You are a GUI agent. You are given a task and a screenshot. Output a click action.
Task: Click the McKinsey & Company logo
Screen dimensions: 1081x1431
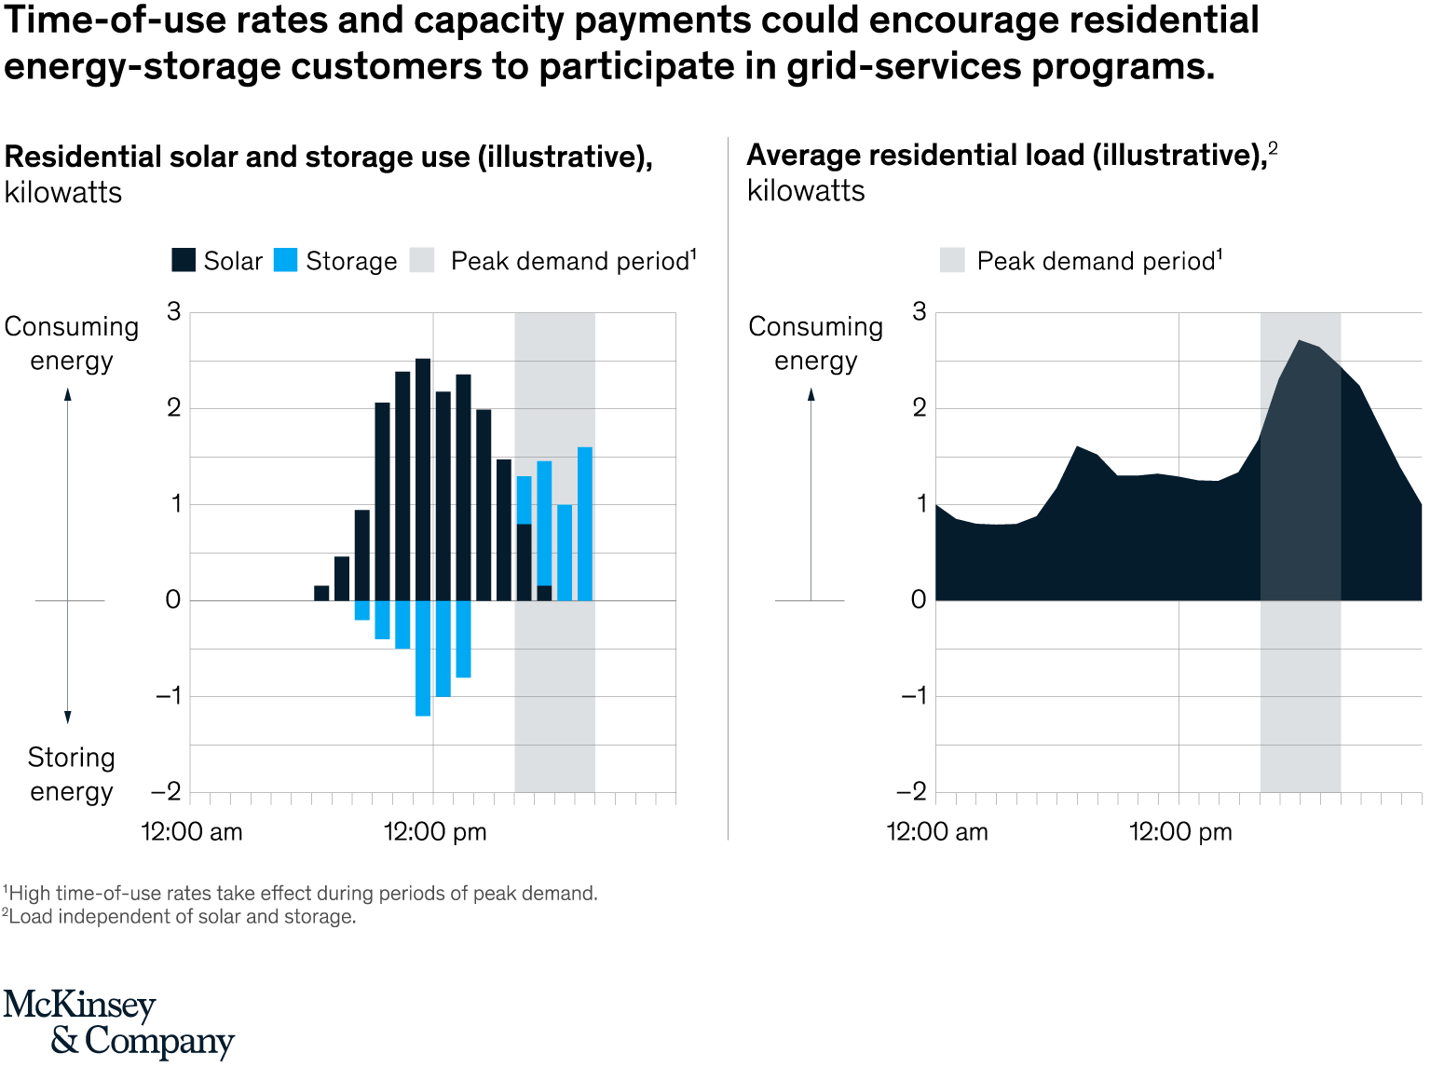click(118, 1023)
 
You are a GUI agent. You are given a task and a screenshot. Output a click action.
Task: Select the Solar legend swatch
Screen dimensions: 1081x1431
click(184, 260)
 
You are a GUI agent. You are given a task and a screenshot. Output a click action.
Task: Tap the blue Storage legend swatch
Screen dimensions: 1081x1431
click(286, 260)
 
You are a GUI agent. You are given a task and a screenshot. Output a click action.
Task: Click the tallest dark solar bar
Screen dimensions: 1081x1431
click(423, 479)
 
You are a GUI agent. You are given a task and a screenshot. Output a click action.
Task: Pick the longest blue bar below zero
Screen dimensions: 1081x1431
click(423, 658)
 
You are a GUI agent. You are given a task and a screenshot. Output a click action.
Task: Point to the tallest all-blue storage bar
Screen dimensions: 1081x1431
click(585, 524)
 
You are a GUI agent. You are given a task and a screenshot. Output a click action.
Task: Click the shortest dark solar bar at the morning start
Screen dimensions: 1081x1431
click(321, 593)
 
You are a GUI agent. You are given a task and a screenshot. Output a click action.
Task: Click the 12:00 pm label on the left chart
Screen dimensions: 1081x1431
click(435, 831)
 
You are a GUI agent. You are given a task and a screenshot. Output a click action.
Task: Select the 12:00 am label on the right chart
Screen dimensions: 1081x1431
click(936, 831)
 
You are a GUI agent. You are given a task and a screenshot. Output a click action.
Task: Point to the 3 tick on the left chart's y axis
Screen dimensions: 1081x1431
click(174, 312)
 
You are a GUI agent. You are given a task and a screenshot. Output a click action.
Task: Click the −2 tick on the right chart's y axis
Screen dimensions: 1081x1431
click(912, 792)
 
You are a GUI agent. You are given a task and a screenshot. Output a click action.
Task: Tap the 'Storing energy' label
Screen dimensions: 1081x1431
click(71, 774)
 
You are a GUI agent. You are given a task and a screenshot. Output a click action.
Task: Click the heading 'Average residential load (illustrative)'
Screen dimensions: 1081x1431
click(1005, 155)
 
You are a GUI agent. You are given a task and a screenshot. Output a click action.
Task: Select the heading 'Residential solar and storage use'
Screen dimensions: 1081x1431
click(328, 157)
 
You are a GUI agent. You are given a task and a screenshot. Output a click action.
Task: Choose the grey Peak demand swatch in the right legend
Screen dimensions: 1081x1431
click(952, 260)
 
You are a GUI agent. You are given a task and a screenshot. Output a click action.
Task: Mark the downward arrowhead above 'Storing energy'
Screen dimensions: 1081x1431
click(68, 717)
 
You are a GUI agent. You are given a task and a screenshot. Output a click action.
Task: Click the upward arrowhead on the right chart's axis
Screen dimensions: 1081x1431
click(811, 394)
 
